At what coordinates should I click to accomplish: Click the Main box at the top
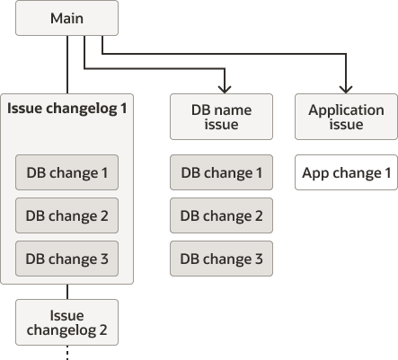tap(67, 18)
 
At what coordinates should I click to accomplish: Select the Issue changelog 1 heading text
tap(67, 109)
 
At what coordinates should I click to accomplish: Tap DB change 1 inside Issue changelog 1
tap(67, 171)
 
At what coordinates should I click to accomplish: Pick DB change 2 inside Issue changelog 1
tap(67, 215)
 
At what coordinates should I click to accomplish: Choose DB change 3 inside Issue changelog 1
tap(67, 259)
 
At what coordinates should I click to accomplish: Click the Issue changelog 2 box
tap(67, 322)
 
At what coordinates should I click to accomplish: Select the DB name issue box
tap(222, 117)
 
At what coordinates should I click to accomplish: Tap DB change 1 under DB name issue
tap(222, 172)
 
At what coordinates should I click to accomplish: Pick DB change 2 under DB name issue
tap(222, 215)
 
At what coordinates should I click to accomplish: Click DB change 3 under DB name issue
tap(222, 259)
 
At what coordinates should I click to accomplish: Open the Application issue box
tap(346, 117)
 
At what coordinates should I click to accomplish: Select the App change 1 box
tap(346, 172)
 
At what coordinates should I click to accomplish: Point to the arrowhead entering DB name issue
tap(225, 88)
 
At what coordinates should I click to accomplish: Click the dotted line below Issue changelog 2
tap(67, 353)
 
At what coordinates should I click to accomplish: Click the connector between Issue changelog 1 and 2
tap(67, 292)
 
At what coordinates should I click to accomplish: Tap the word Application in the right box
tap(346, 110)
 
